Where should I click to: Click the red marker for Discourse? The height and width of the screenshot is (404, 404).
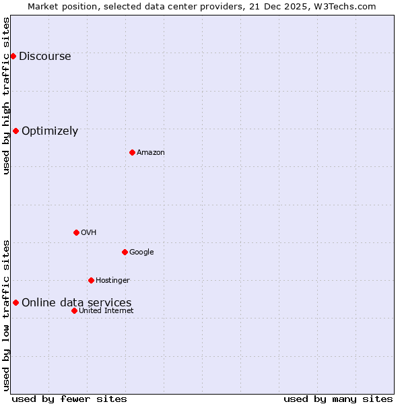tap(13, 56)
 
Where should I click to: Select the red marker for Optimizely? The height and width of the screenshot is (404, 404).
tap(15, 131)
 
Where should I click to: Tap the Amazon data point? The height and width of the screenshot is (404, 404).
tap(132, 152)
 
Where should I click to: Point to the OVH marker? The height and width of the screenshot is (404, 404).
tap(76, 232)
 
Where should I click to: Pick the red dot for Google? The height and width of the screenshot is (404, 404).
tap(125, 252)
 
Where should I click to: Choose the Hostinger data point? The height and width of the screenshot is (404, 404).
tap(91, 280)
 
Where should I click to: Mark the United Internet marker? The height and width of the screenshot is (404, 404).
tap(74, 310)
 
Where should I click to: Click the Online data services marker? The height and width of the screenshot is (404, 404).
tap(15, 302)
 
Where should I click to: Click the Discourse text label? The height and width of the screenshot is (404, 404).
tap(44, 57)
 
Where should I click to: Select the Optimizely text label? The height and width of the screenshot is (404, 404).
tap(50, 131)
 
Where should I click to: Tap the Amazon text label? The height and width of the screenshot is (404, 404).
tap(151, 153)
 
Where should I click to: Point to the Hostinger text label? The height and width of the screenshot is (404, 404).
tap(112, 281)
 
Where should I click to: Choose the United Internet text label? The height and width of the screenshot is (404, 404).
tap(106, 311)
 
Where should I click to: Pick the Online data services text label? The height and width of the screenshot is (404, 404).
tap(77, 303)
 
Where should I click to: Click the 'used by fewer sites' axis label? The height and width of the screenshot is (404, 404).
tap(69, 399)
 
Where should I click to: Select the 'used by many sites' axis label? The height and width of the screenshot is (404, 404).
tap(338, 399)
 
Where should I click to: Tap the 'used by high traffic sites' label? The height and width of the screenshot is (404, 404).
tap(7, 96)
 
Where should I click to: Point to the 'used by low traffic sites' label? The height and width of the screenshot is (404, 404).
tap(7, 315)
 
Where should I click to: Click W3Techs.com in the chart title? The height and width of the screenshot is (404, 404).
tap(346, 7)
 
